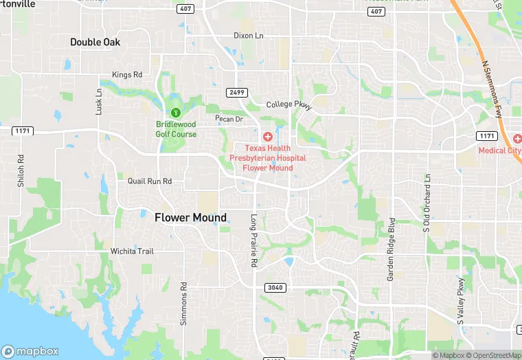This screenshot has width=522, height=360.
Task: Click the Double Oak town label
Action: click(x=95, y=42)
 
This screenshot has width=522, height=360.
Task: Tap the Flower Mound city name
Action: click(x=190, y=218)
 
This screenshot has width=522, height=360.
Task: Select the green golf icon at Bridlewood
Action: click(x=176, y=113)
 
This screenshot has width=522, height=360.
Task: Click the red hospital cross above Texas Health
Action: click(x=268, y=137)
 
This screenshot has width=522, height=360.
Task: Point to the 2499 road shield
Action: click(x=236, y=92)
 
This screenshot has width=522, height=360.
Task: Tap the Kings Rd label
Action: click(x=127, y=74)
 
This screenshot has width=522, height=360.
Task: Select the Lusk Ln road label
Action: click(x=99, y=101)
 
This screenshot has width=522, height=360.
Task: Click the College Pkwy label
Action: click(x=289, y=105)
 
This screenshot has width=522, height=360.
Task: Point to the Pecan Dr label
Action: click(x=229, y=119)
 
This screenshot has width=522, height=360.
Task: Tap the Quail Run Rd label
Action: click(x=149, y=181)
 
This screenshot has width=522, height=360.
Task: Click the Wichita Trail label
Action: click(x=132, y=251)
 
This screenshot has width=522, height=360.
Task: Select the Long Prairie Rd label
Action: click(x=253, y=240)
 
